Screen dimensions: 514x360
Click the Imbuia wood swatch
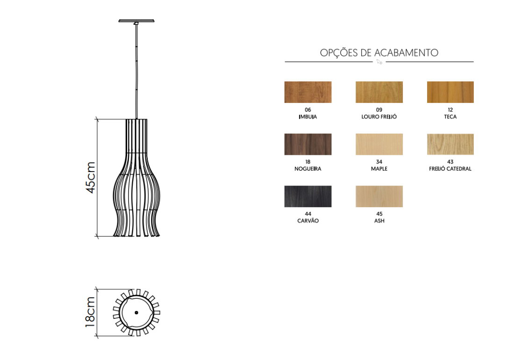click(308, 92)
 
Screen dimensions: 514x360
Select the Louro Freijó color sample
click(379, 92)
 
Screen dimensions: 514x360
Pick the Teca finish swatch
click(450, 92)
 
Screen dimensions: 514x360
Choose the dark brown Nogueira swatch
click(308, 144)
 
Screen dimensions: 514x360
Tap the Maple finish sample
click(379, 144)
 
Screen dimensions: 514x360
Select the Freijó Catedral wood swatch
click(450, 144)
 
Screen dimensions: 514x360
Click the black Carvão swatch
click(308, 196)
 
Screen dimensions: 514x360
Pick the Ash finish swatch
click(379, 196)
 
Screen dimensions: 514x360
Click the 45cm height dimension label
click(91, 177)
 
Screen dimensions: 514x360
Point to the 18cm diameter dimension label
click(90, 312)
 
